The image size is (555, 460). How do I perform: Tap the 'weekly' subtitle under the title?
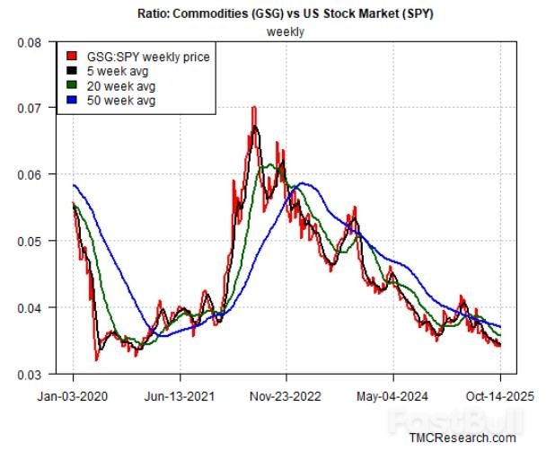coord(285,31)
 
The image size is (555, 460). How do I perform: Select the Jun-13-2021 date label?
coord(180,394)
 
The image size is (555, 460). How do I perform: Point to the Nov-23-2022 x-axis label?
coord(286,394)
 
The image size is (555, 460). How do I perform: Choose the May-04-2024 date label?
coord(392,394)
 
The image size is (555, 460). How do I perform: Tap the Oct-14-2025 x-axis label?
coord(499,394)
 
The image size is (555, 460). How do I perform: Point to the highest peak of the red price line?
coord(254,108)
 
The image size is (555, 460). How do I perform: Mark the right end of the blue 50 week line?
coord(500,326)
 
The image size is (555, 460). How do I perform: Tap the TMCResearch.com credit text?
coord(462,438)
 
